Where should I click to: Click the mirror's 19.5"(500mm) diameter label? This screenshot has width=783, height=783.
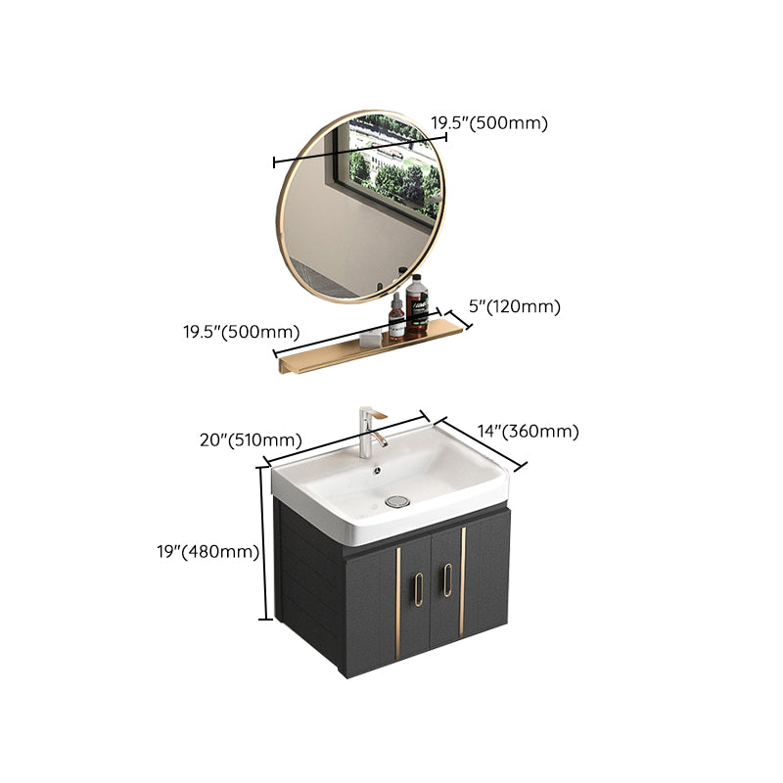tap(489, 122)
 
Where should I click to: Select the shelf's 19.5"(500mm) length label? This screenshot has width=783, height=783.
tap(242, 331)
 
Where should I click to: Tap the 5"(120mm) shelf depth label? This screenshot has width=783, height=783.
tap(514, 307)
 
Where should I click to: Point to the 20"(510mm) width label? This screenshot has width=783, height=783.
tap(251, 440)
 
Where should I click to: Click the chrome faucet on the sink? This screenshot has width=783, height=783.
tap(369, 431)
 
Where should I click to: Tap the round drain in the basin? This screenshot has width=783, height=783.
tap(396, 501)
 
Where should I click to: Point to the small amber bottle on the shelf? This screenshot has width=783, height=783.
tap(395, 318)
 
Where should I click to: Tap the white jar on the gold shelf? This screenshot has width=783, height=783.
tap(369, 338)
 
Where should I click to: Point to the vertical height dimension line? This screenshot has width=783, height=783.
tap(263, 543)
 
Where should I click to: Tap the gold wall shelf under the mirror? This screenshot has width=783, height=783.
tap(372, 347)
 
